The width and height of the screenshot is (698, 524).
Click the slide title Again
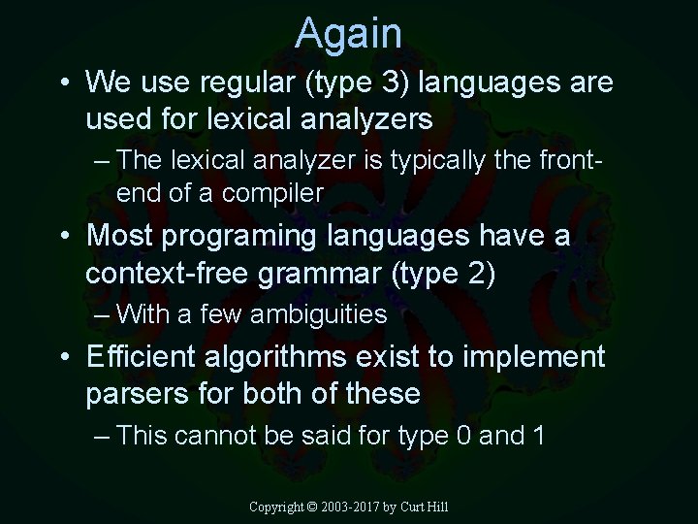(349, 33)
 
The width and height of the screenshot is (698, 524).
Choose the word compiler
(272, 193)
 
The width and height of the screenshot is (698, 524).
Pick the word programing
(250, 237)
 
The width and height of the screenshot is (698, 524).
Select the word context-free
(168, 274)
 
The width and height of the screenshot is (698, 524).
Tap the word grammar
(321, 276)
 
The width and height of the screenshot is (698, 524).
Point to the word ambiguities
(318, 314)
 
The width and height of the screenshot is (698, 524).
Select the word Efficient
(142, 356)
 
